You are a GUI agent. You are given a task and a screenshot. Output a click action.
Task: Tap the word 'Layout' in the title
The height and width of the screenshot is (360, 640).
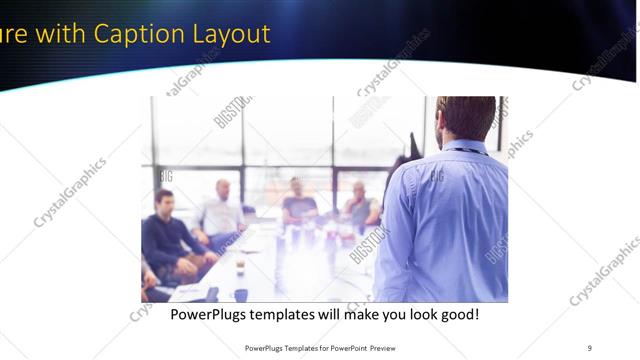(232, 34)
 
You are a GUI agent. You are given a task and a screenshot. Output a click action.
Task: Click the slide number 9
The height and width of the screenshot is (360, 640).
(589, 347)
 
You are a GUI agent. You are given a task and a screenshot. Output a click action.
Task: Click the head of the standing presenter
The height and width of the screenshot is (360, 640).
(467, 117)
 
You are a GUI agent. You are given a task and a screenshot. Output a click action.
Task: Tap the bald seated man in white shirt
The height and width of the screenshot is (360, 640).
(221, 210)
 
